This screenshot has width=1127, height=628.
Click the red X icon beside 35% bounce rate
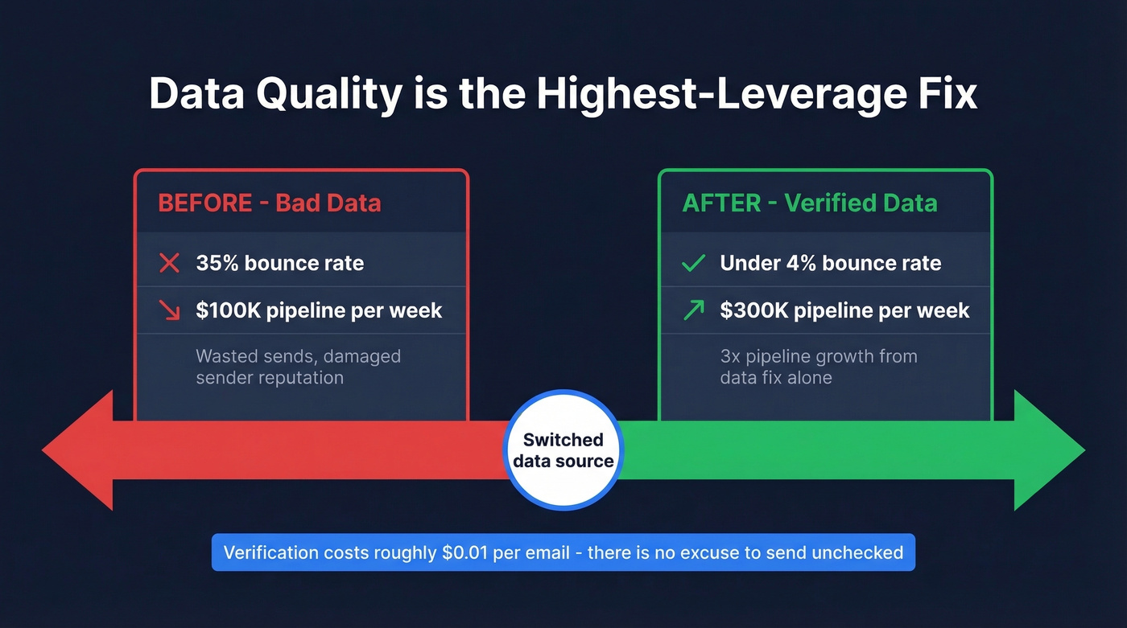[x=169, y=263]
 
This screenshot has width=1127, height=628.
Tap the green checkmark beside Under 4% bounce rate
[x=693, y=263]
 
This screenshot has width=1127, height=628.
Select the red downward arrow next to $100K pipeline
[x=169, y=310]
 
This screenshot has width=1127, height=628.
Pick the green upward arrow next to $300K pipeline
[x=693, y=310]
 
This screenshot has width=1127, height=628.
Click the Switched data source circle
[x=563, y=450]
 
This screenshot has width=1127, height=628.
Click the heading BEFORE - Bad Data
[x=269, y=203]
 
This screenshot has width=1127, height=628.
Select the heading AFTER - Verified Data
[x=809, y=203]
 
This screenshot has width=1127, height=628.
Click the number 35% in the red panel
[x=218, y=263]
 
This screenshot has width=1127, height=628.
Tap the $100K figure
[x=228, y=310]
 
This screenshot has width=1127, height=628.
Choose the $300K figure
[x=753, y=310]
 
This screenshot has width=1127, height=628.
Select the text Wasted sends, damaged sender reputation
[x=298, y=367]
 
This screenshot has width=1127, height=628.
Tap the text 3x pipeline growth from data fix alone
[x=818, y=367]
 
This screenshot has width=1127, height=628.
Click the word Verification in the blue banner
[x=270, y=552]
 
